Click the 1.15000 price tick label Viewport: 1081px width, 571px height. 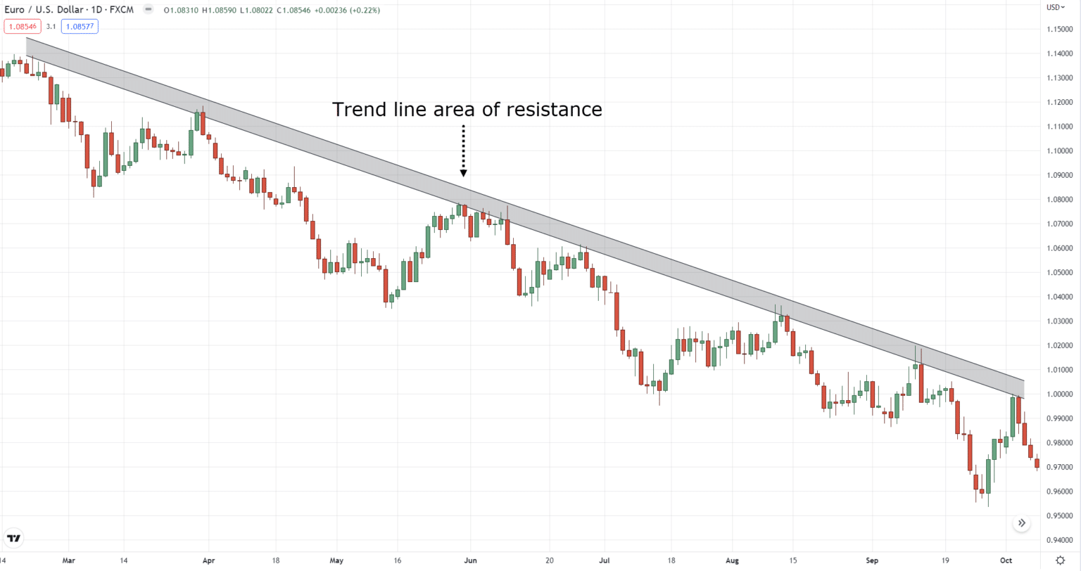point(1059,29)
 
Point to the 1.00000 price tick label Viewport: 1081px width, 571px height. point(1059,394)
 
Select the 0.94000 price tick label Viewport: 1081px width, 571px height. point(1059,540)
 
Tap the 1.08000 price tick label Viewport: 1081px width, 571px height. point(1059,199)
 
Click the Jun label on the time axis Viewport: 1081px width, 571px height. point(470,561)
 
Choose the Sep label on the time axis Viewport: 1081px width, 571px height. point(873,561)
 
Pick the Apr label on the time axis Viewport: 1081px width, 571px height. point(208,561)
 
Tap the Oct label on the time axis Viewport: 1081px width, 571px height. point(1006,561)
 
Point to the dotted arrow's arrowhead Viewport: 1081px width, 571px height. point(463,172)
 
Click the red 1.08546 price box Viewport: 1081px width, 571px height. point(20,27)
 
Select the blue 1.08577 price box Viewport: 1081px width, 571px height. point(80,27)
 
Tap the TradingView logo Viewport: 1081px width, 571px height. point(13,539)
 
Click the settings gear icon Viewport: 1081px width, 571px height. point(1060,560)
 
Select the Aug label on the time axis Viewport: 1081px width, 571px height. point(732,561)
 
